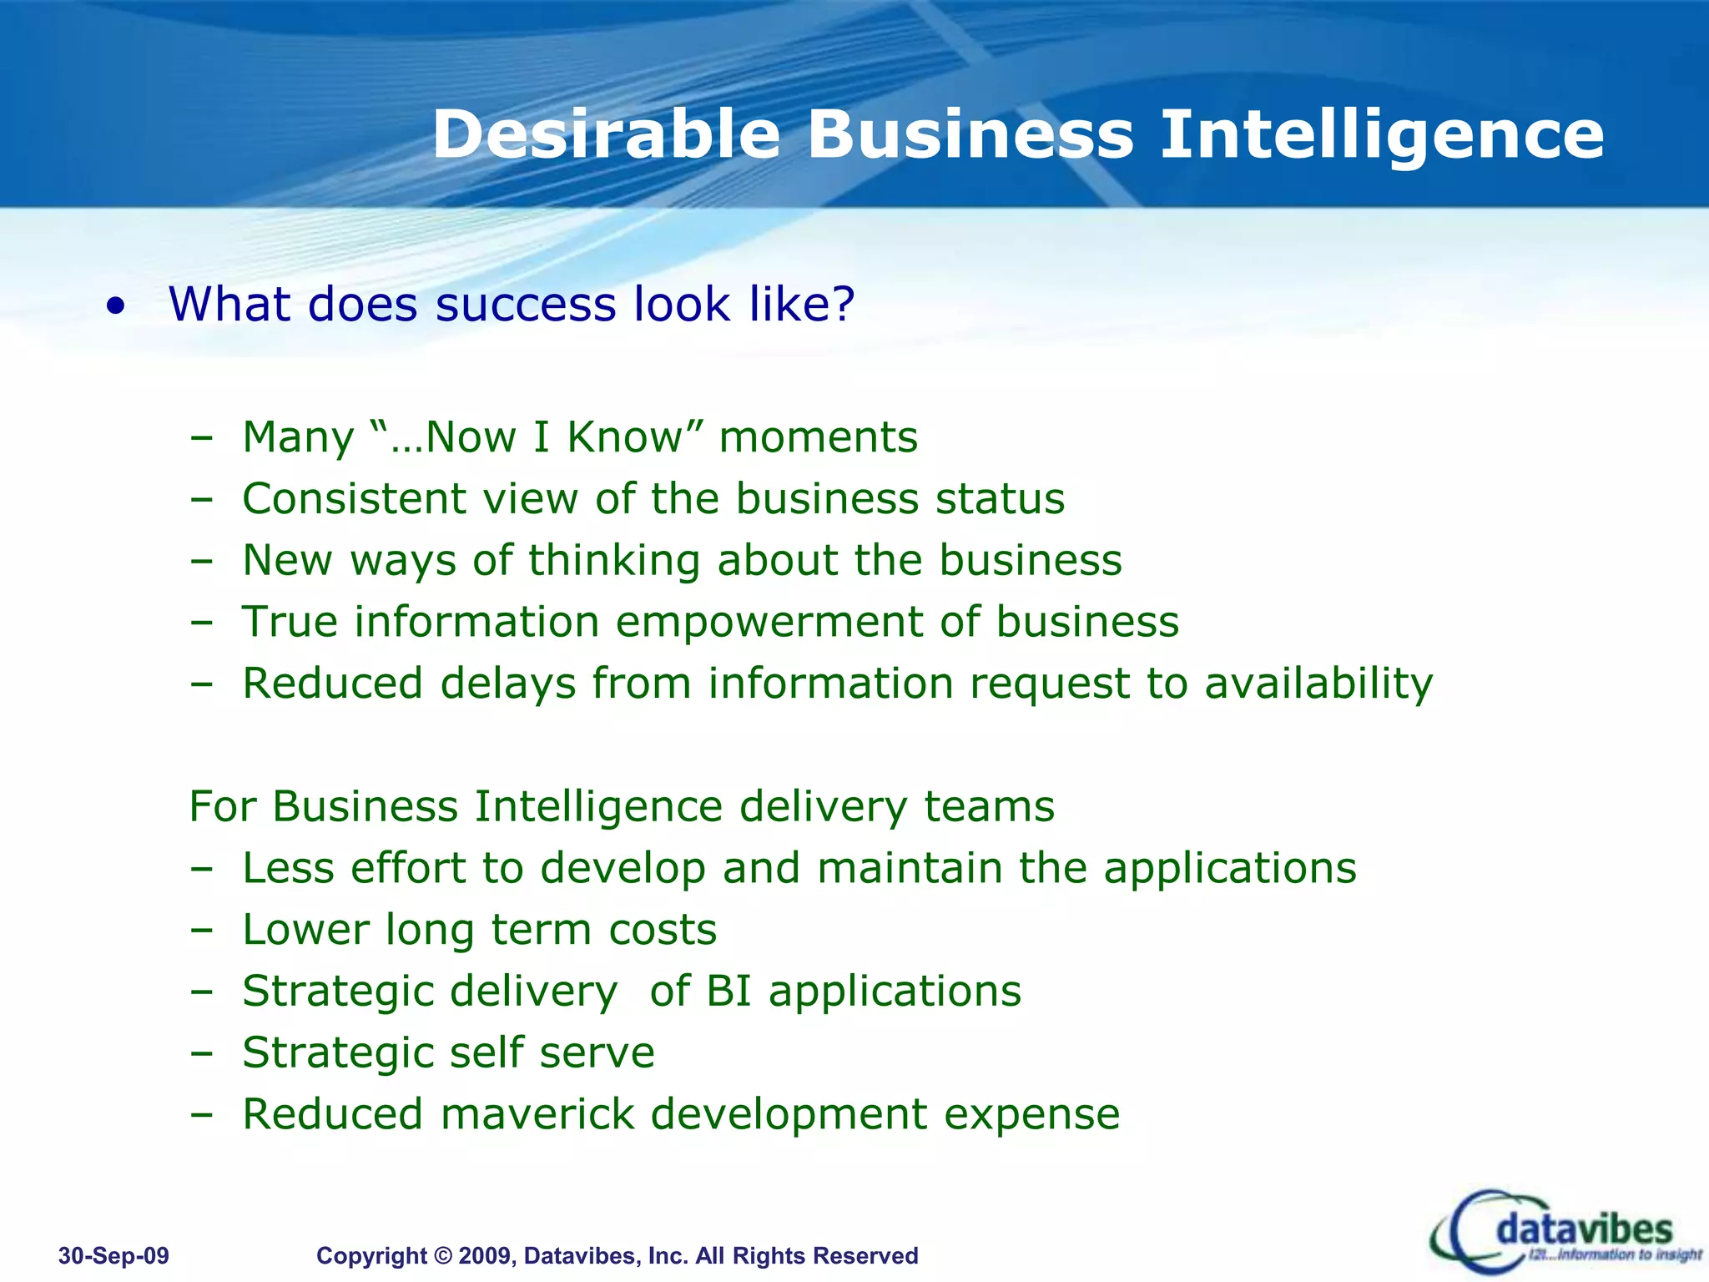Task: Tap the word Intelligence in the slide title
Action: [1382, 134]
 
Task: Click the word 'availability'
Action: [1318, 684]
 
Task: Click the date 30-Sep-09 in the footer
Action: [113, 1255]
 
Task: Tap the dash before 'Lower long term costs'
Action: [201, 930]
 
